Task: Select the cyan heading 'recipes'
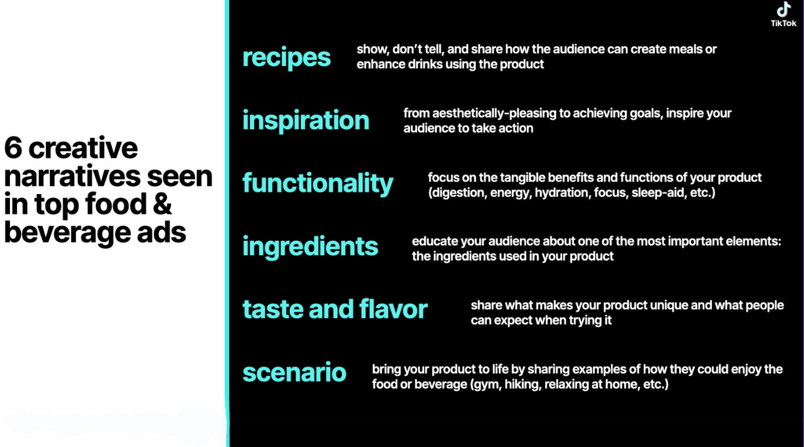pos(286,57)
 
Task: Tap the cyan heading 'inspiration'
pos(306,120)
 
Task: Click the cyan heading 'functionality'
pos(318,183)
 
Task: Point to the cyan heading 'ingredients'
pos(310,247)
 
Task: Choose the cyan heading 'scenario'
pos(294,372)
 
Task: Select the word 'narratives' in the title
pos(66,176)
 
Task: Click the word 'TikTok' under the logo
pos(784,23)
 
